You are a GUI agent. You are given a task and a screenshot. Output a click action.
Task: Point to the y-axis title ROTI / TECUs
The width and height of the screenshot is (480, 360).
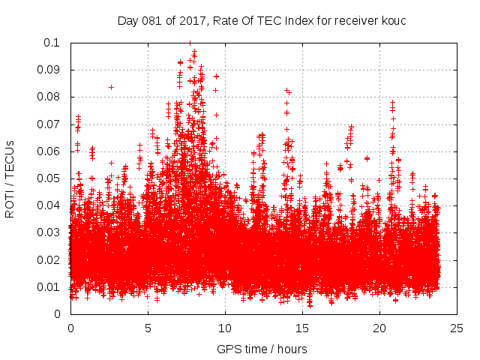(10, 178)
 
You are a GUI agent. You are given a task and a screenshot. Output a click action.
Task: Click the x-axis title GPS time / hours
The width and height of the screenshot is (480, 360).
(262, 349)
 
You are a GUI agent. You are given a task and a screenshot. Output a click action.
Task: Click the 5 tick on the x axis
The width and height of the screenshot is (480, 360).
(148, 328)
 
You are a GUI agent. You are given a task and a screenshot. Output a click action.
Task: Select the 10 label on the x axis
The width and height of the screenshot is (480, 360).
(225, 328)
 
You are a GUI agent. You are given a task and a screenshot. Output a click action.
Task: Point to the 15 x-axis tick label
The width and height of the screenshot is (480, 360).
(302, 328)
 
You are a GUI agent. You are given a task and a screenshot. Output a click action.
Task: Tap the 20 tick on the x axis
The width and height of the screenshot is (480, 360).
(379, 328)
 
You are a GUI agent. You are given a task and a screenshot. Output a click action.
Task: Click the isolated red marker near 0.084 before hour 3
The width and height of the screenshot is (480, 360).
(111, 87)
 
